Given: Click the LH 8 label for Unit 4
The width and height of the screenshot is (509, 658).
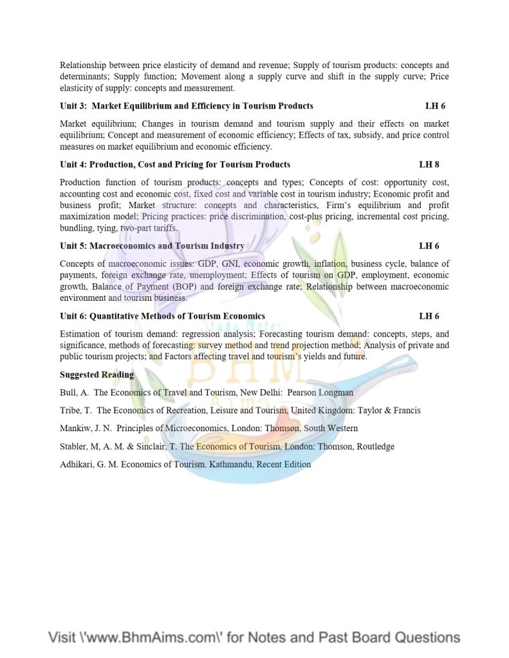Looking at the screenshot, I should [429, 164].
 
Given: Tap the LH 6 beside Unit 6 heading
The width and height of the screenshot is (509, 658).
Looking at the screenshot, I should [429, 316].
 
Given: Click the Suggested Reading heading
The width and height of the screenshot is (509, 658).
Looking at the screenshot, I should [97, 375].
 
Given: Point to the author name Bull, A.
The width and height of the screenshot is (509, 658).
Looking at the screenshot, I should [74, 392].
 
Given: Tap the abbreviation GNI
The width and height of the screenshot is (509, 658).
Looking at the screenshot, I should [230, 263].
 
